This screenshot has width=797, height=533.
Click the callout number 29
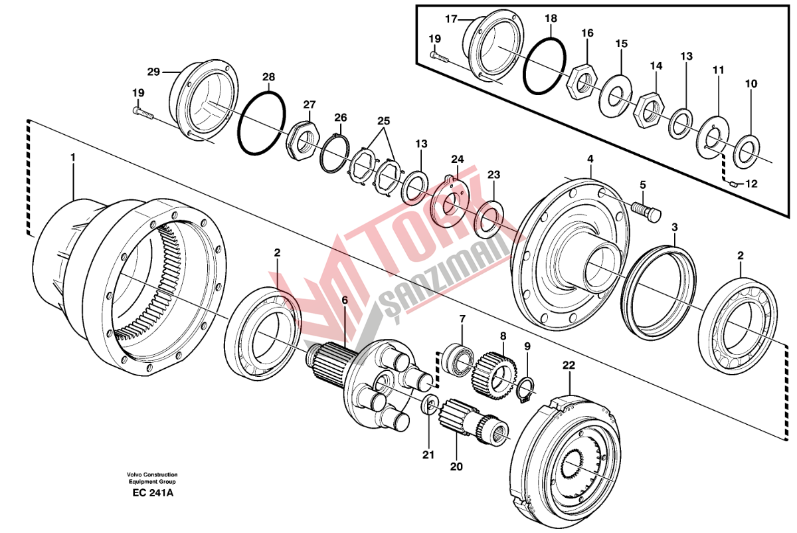tap(153, 72)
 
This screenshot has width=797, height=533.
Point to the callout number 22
tap(568, 366)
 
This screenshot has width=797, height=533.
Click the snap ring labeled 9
tap(525, 392)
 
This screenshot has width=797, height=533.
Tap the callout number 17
tap(451, 19)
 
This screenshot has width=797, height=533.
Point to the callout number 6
tap(345, 300)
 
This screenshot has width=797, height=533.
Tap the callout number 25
tap(384, 122)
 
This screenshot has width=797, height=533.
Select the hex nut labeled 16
tap(582, 81)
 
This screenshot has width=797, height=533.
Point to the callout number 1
tap(73, 157)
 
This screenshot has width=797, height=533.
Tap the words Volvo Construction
tap(152, 475)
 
